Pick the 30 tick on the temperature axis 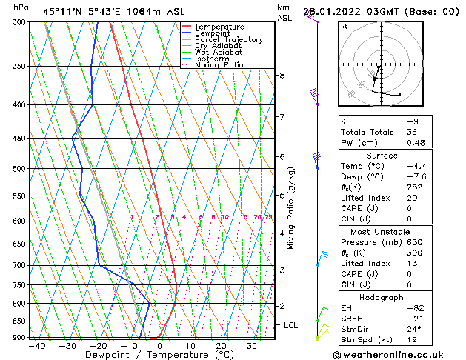[252, 346]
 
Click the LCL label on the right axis [291, 325]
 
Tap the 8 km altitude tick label [282, 76]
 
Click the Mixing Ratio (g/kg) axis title [292, 208]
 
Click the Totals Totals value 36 [412, 132]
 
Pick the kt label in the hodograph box [344, 26]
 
